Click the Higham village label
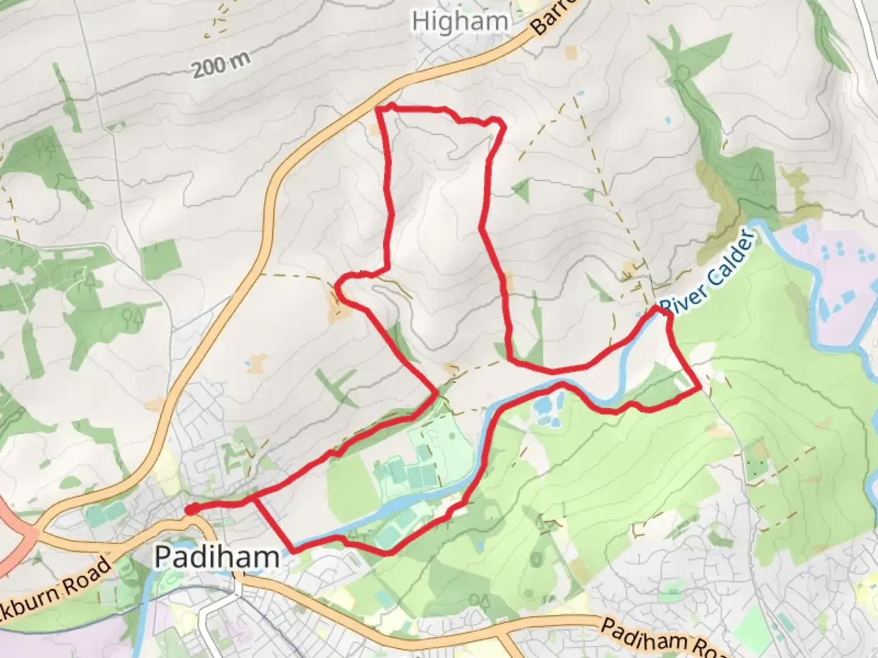[460, 22]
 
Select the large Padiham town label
[216, 556]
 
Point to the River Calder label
[708, 273]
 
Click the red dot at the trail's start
[191, 509]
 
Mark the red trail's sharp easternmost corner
[699, 387]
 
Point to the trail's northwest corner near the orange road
[380, 110]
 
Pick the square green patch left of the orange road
[161, 258]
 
